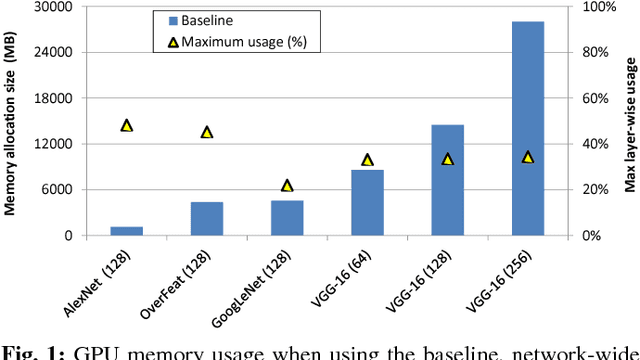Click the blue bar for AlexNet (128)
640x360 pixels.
coord(126,231)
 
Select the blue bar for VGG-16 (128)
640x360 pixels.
coord(447,180)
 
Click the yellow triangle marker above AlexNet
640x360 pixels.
coord(126,126)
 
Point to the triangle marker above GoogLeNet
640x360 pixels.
coord(287,186)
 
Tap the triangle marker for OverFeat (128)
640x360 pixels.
coord(207,132)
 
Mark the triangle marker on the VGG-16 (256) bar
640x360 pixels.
coord(528,157)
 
